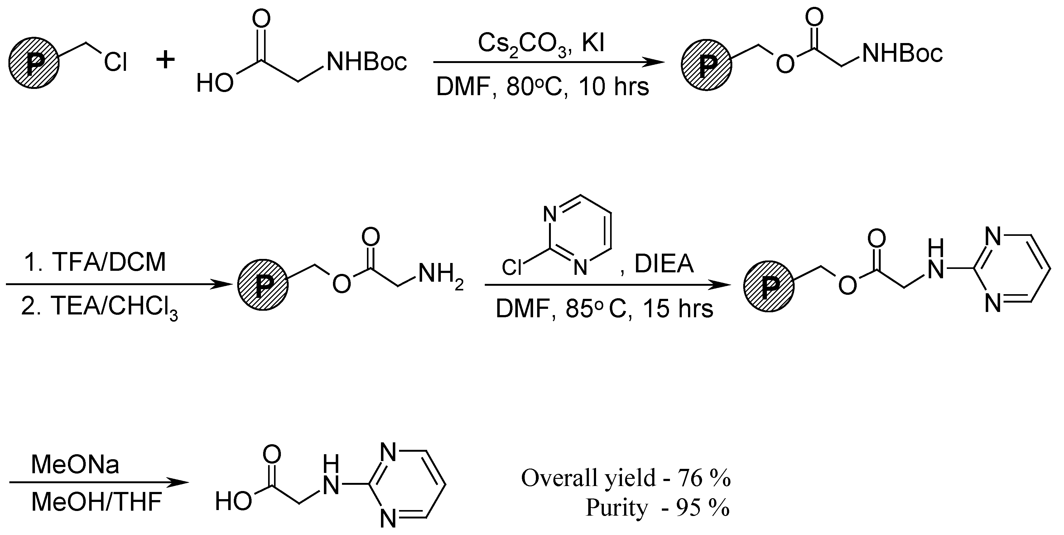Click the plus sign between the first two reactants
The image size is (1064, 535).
(x=166, y=61)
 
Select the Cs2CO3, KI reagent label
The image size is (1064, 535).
(x=541, y=43)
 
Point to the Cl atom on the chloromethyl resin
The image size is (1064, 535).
(x=115, y=63)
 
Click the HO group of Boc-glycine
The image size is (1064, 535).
(x=214, y=83)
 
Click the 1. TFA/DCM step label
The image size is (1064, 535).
(x=95, y=262)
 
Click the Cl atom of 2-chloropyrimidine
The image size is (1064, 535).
(x=512, y=268)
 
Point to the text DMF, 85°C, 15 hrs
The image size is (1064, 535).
(x=604, y=309)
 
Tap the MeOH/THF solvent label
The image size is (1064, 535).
(x=96, y=502)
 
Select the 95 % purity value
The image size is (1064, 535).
(x=702, y=508)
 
